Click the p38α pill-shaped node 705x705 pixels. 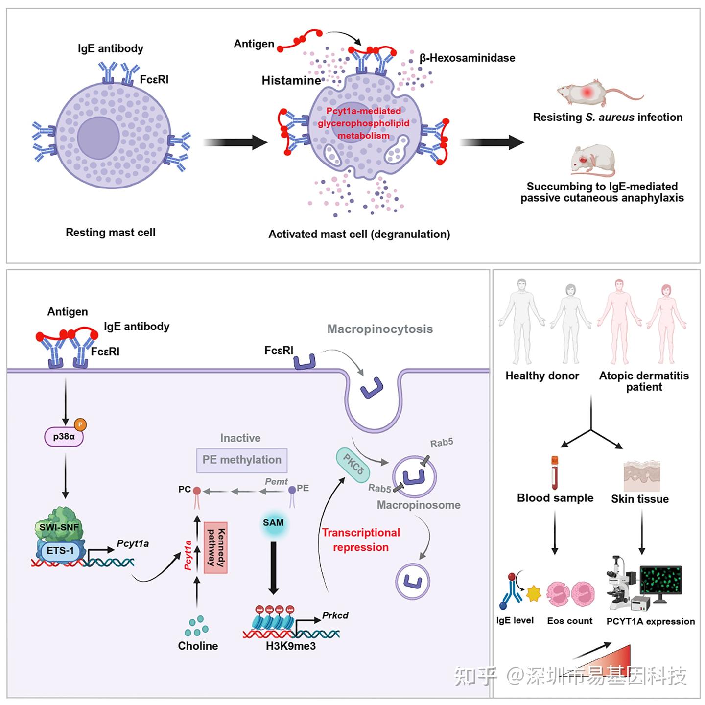[64, 436]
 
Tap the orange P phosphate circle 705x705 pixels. [80, 424]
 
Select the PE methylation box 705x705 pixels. [242, 460]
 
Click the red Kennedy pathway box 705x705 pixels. [215, 548]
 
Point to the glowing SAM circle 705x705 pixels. [273, 523]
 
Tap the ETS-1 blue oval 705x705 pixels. [60, 551]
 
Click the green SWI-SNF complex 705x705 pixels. [59, 525]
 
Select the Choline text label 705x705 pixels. [198, 646]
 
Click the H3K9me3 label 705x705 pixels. [291, 646]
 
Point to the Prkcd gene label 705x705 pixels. [335, 616]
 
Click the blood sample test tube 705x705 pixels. [555, 472]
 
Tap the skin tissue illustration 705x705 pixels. [641, 475]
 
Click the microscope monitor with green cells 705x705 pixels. [661, 581]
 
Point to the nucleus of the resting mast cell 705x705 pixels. [98, 138]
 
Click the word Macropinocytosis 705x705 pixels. [380, 329]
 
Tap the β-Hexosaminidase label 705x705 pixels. [467, 58]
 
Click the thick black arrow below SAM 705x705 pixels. [273, 568]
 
